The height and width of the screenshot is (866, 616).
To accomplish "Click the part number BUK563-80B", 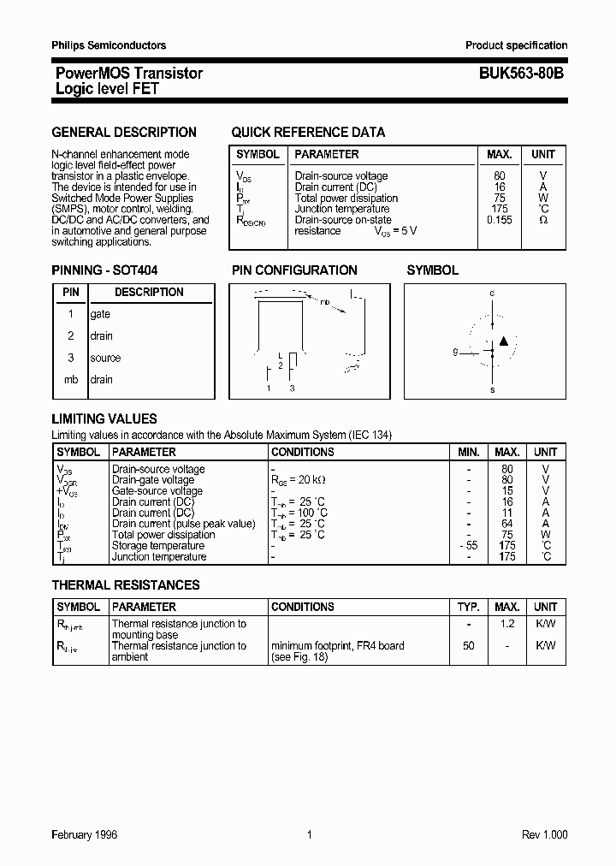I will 515,74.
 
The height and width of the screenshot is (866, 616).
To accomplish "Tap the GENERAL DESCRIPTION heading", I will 124,133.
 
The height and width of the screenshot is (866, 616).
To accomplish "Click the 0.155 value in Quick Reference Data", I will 499,220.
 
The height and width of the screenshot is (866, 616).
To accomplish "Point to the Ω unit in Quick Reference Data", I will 542,220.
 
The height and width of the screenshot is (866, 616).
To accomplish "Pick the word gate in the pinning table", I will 100,314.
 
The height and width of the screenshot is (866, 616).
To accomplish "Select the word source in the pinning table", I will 105,358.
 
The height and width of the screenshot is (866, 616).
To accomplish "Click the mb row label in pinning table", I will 71,379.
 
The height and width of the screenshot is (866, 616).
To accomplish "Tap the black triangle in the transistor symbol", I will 504,341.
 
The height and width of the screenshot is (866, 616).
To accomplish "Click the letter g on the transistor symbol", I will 456,351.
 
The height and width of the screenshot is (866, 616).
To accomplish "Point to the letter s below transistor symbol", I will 492,390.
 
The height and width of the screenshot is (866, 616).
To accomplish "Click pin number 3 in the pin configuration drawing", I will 293,389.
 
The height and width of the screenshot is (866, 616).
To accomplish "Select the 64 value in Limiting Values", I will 506,524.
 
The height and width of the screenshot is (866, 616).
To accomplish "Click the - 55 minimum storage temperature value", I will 467,546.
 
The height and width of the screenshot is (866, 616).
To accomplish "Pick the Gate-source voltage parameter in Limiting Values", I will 157,491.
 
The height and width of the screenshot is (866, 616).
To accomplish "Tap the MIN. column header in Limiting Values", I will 468,452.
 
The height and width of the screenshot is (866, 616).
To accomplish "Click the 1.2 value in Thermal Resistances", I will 506,624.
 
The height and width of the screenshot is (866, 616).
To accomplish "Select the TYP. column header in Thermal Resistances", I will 468,607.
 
